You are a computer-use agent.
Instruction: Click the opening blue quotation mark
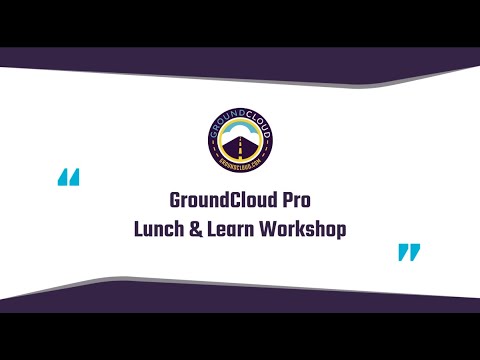pyautogui.click(x=69, y=179)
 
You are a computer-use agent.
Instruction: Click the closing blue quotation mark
pyautogui.click(x=409, y=251)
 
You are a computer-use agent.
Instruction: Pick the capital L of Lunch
pyautogui.click(x=139, y=228)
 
